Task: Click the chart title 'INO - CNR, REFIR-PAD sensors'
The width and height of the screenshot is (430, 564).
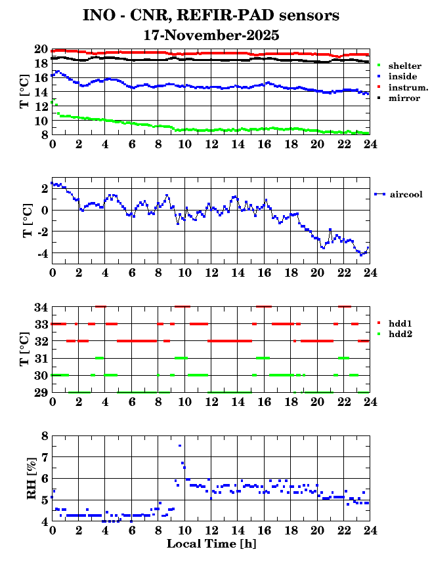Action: click(211, 14)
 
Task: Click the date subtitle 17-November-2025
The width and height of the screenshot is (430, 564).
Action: click(211, 35)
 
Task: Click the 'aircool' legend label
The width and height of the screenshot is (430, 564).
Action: click(406, 194)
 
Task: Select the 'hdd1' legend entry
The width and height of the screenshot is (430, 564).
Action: click(400, 323)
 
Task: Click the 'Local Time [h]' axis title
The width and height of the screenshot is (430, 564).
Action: click(211, 544)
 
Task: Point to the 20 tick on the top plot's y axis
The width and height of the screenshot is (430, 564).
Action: click(41, 50)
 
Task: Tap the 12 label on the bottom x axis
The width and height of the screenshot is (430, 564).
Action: click(211, 531)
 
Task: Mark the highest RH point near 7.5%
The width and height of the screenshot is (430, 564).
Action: click(180, 446)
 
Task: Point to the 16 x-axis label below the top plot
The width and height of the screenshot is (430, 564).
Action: click(264, 144)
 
